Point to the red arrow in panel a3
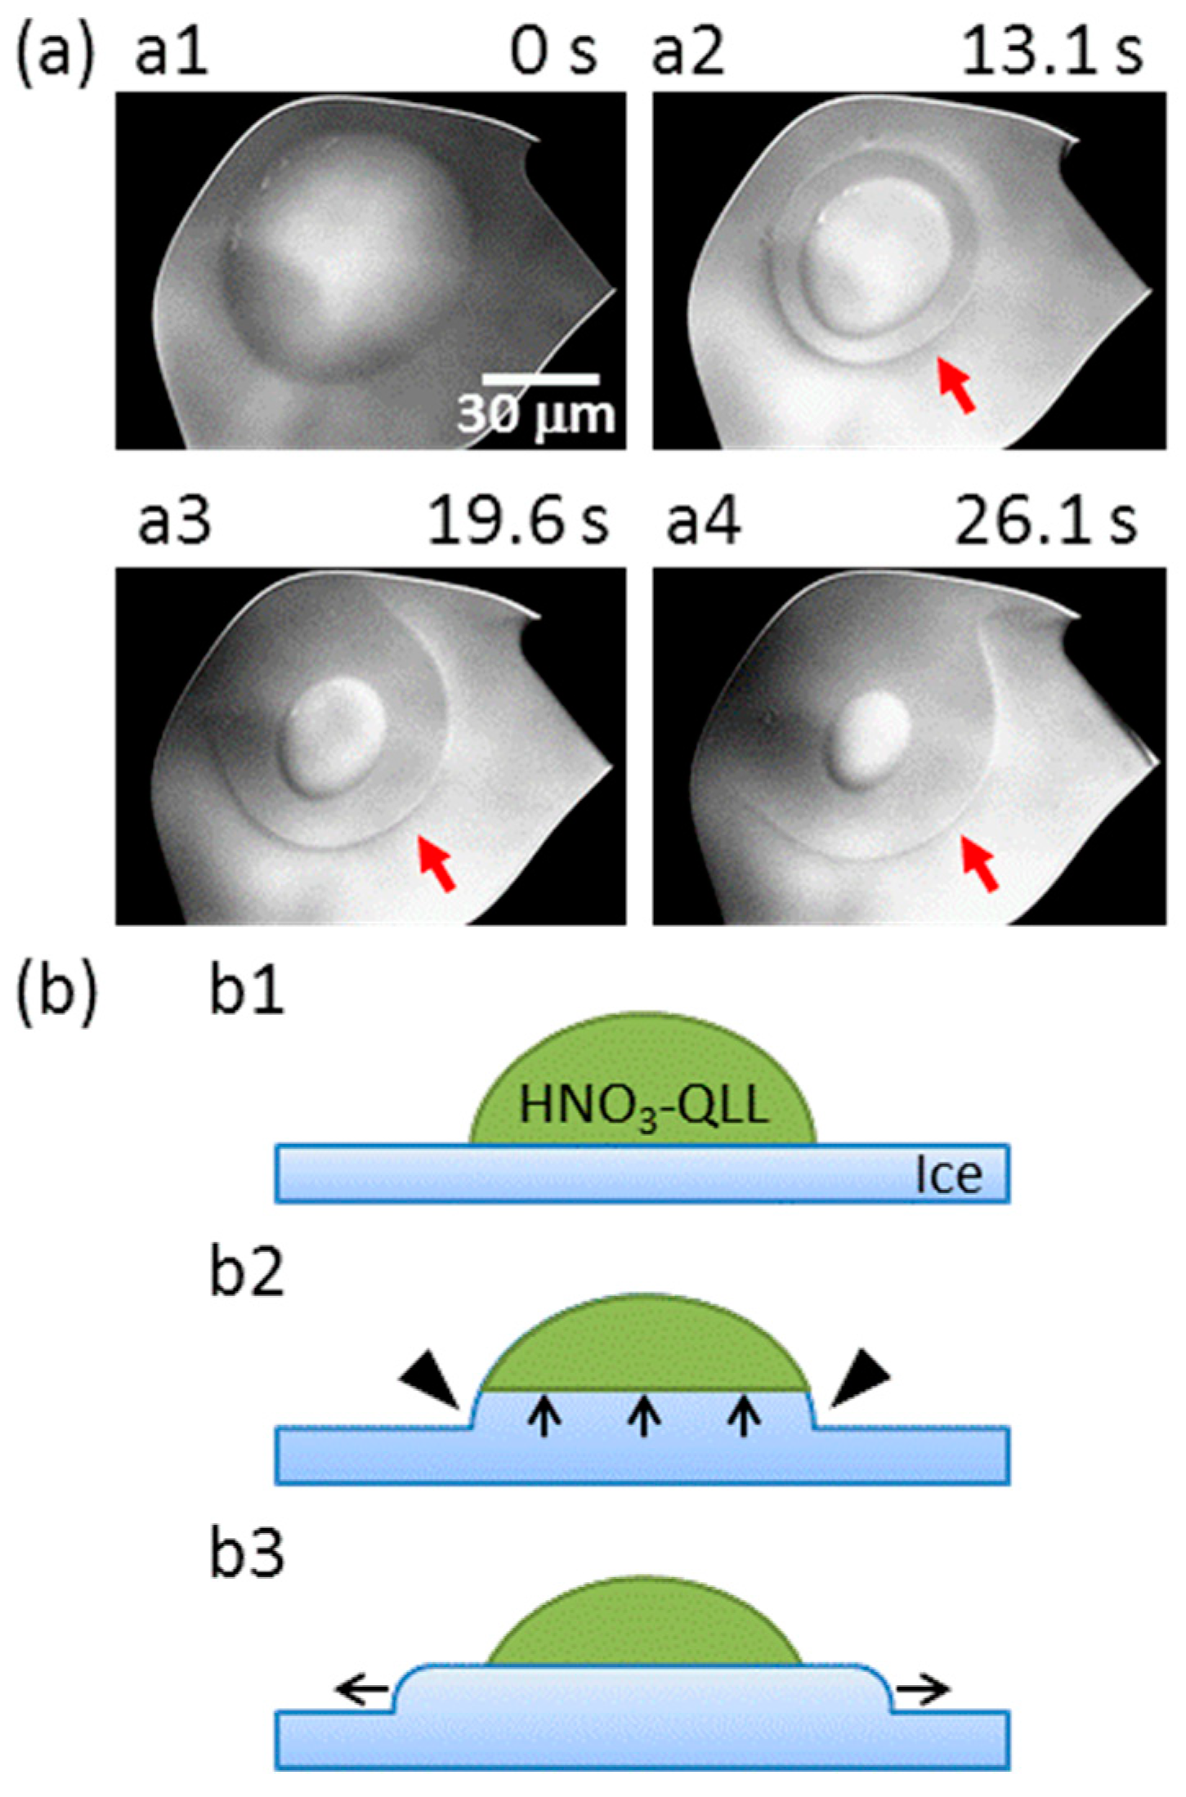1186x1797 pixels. click(436, 861)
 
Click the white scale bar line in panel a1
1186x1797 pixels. click(540, 379)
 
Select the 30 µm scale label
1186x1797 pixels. click(535, 416)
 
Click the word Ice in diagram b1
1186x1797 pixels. click(948, 1176)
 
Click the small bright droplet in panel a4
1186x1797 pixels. click(873, 729)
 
